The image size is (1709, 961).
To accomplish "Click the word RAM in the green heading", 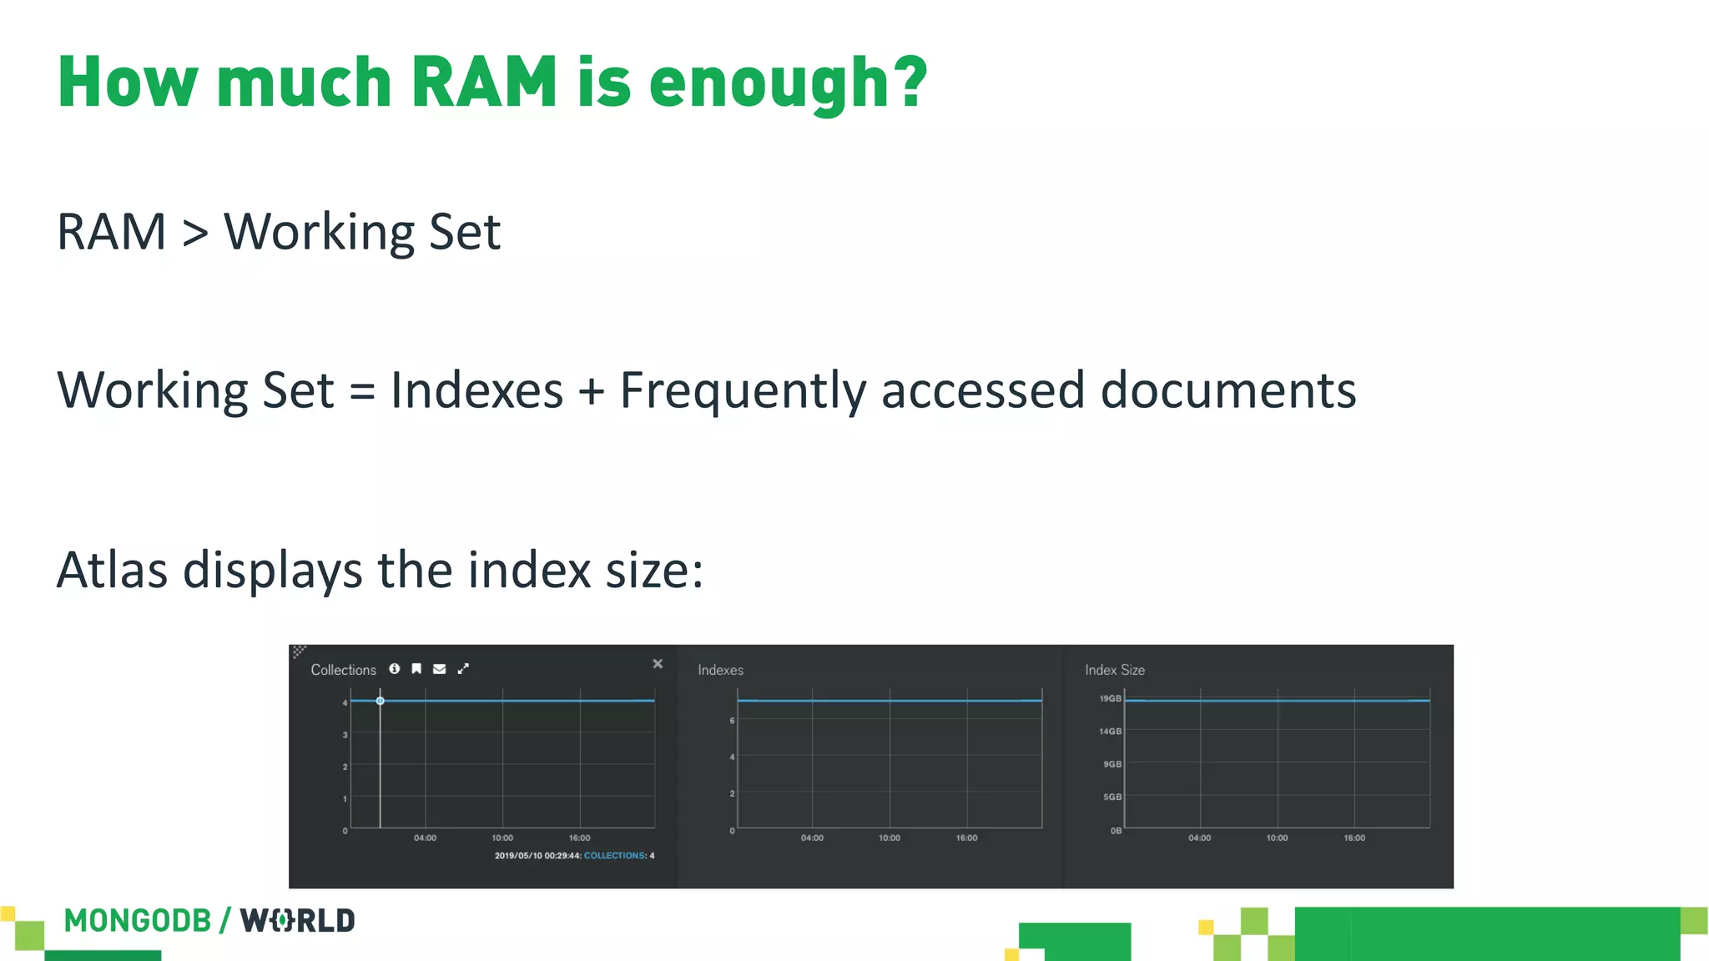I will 484,83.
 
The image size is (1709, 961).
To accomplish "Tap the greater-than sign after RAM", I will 195,233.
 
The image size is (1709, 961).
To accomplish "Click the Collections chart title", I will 343,670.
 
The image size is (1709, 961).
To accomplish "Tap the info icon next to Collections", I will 395,669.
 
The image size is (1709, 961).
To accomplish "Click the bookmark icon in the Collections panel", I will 416,669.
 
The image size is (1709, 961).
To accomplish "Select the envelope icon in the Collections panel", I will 440,669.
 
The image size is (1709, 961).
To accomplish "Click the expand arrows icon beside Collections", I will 463,669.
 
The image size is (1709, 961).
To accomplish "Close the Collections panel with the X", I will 658,664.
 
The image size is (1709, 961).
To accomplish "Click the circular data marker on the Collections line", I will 381,701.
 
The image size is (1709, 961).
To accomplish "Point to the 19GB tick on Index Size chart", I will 1110,698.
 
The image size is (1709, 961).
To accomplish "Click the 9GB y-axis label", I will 1112,764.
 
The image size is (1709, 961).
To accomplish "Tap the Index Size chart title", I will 1115,670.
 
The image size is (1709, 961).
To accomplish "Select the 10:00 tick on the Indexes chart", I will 890,838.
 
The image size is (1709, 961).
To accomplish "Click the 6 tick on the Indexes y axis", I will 732,721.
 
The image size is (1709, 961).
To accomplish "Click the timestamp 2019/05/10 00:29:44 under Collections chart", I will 537,856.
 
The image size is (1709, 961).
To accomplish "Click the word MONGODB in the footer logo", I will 138,921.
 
